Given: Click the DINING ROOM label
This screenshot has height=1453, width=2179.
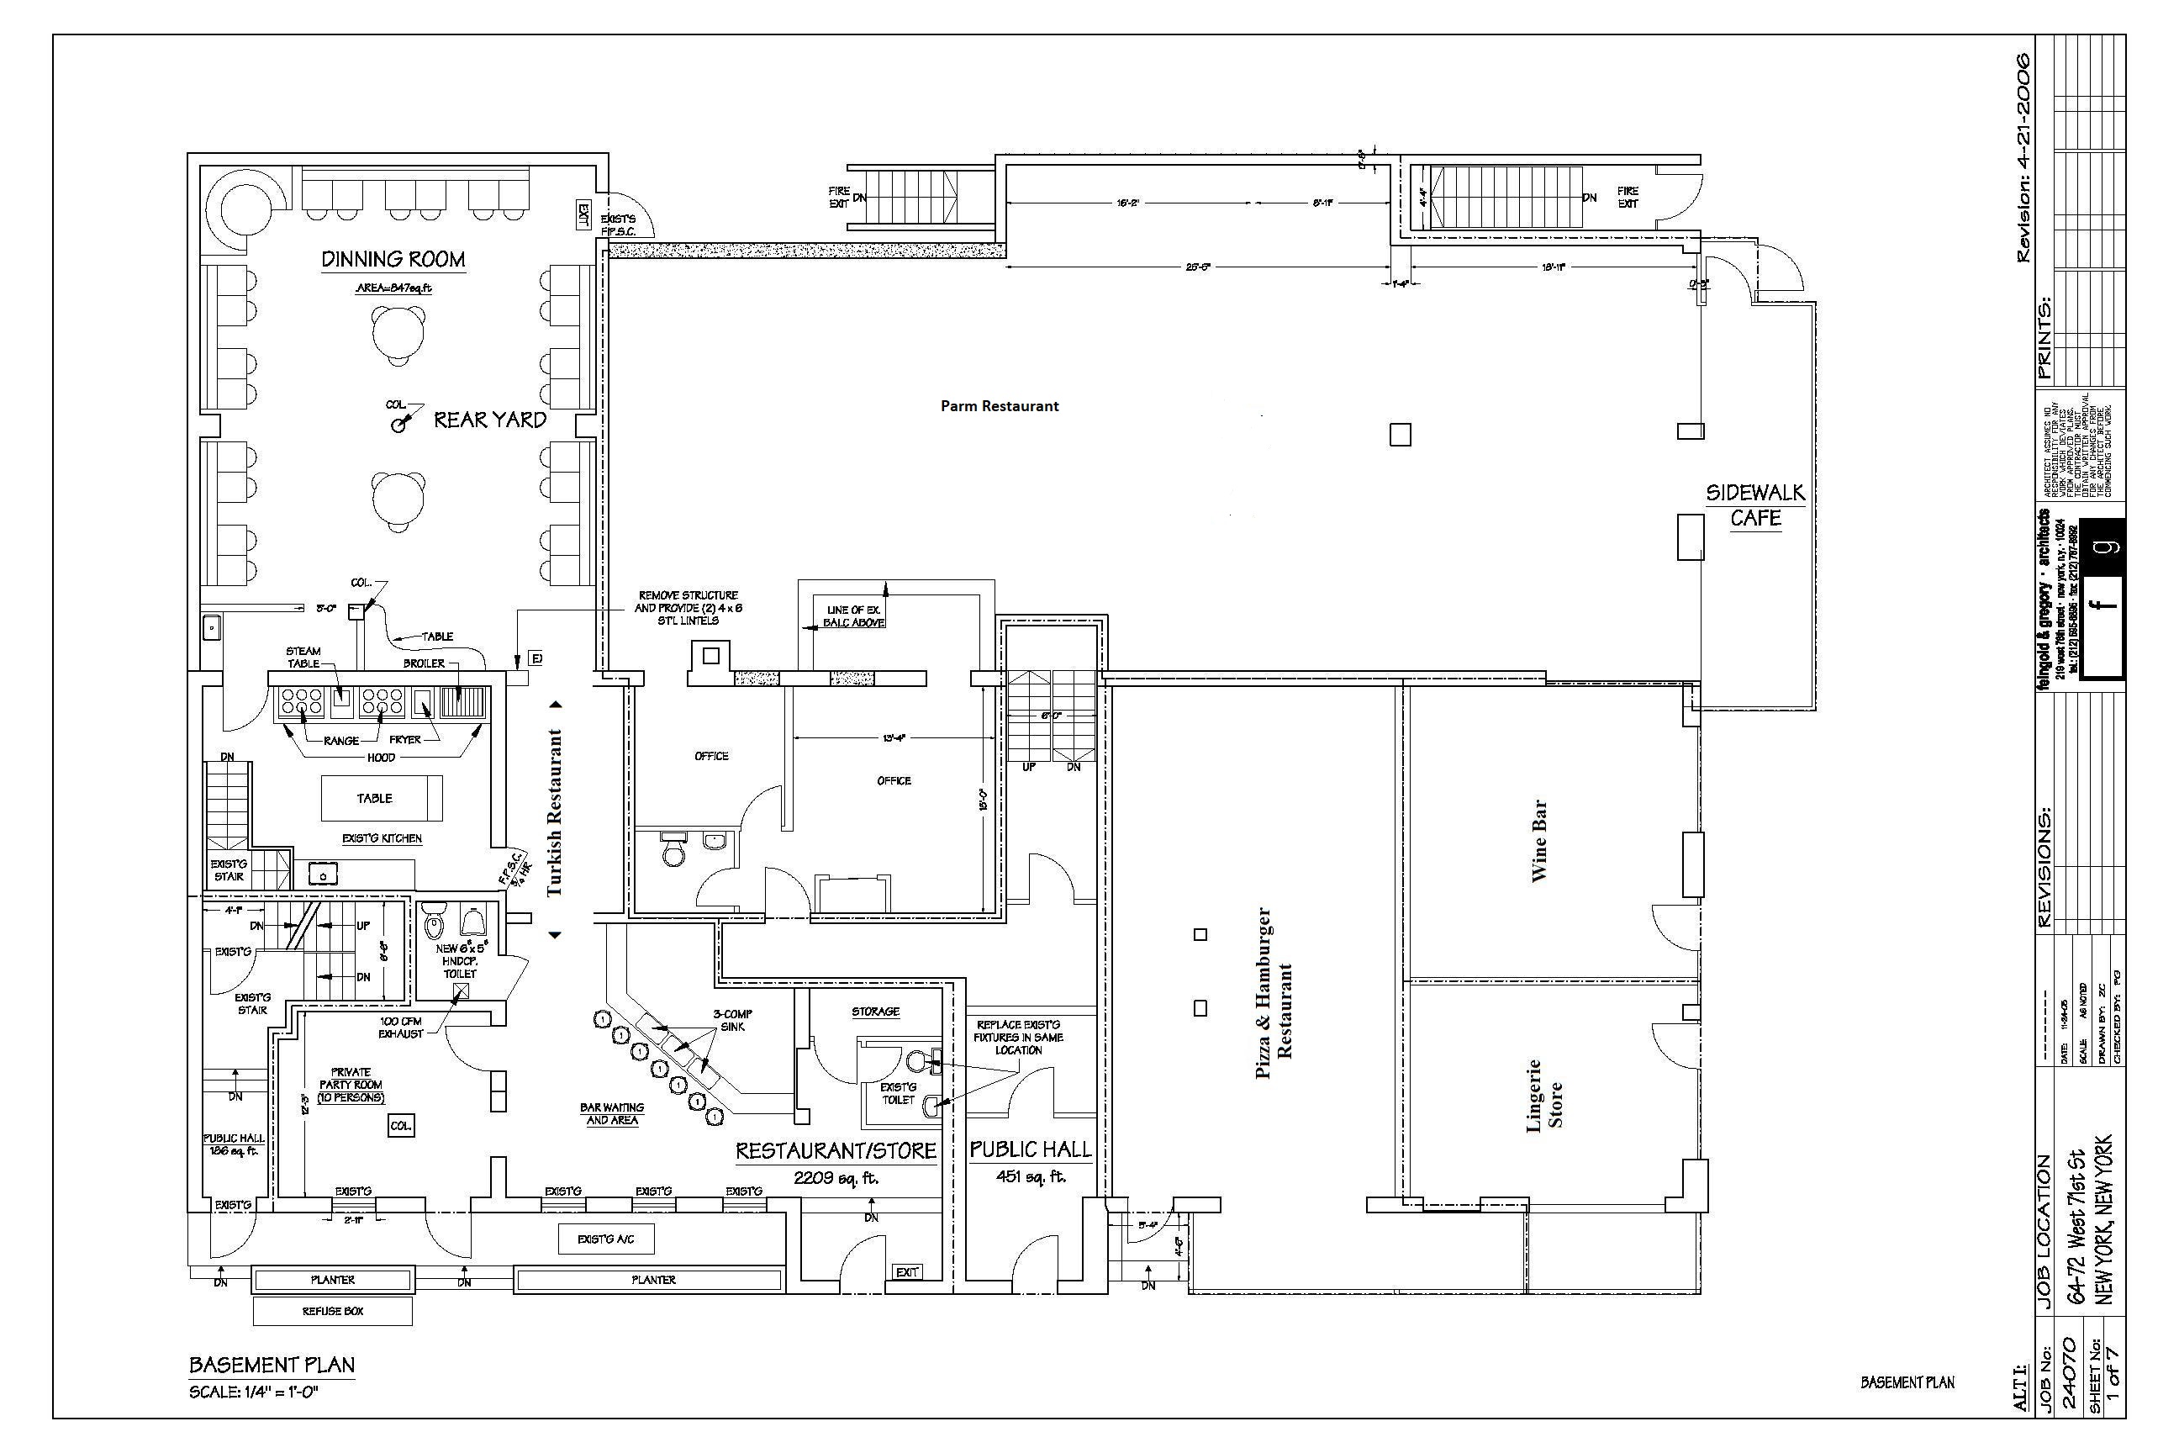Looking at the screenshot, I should point(393,260).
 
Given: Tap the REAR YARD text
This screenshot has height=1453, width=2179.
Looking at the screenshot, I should point(490,420).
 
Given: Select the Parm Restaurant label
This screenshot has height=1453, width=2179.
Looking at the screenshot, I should point(999,406).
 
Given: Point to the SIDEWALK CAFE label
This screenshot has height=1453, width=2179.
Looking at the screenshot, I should point(1755,505).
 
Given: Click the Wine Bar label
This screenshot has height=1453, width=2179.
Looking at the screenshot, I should point(1538,841).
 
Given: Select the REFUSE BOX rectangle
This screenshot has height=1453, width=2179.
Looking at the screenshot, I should point(333,1311).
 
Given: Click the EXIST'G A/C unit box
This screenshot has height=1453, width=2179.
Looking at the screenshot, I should point(606,1239).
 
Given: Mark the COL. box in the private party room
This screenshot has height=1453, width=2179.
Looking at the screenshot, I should point(400,1126).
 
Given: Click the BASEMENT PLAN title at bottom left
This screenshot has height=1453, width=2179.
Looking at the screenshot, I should point(272,1365).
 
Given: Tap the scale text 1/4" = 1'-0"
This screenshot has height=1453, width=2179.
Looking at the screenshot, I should point(254,1392).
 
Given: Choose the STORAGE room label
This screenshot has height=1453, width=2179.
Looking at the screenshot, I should point(875,1012).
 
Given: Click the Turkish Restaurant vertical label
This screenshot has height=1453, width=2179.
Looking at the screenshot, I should point(555,812).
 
